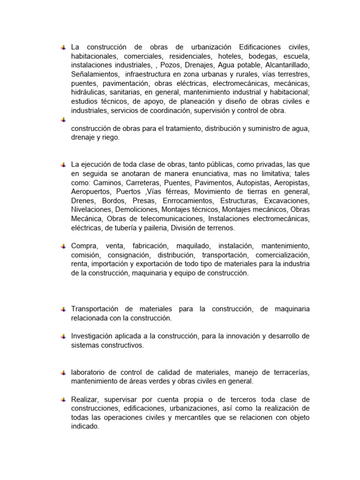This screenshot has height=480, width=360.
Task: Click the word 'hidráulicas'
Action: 88,92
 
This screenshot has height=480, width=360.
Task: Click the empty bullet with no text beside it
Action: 62,120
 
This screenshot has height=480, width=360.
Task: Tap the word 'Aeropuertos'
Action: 90,192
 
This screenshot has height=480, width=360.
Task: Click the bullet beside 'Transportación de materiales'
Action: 62,309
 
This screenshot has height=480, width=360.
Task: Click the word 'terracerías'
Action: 290,372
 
